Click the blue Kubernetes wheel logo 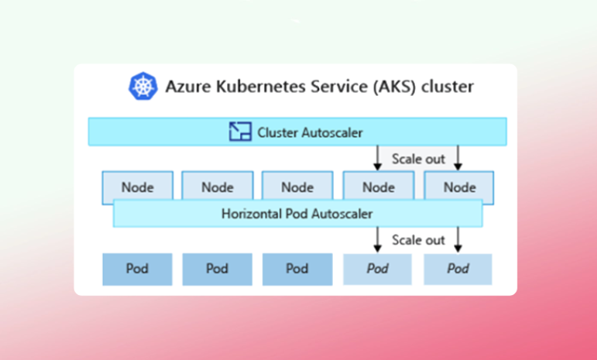[x=142, y=87]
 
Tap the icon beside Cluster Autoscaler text [x=240, y=132]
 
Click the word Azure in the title [x=187, y=87]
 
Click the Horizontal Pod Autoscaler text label [x=297, y=213]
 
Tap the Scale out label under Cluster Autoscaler [x=418, y=159]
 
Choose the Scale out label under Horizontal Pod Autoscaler [x=418, y=240]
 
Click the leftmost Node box [x=137, y=186]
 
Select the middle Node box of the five [x=297, y=186]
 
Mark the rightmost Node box [x=459, y=186]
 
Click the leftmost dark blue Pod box [x=137, y=269]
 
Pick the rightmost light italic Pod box [x=458, y=269]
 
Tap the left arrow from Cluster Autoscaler [x=378, y=158]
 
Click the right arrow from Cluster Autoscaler [x=458, y=158]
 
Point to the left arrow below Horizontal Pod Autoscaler [x=378, y=239]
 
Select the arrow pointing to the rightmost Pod [x=458, y=239]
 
